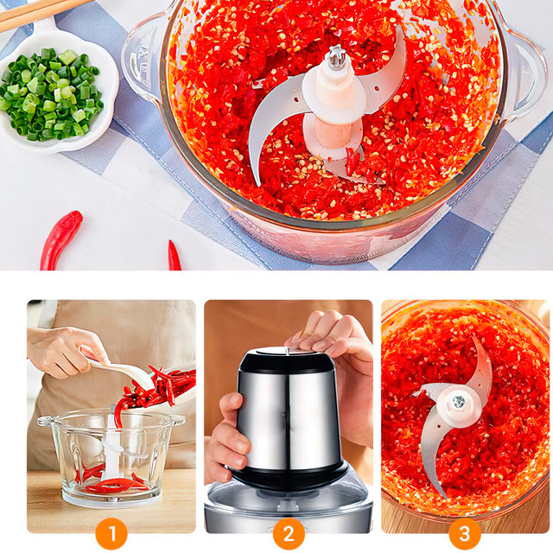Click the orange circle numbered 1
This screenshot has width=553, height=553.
pyautogui.click(x=111, y=534)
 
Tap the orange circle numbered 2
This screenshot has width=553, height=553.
pyautogui.click(x=289, y=534)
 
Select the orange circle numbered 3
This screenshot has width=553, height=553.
pyautogui.click(x=465, y=534)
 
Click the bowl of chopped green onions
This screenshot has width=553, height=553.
pyautogui.click(x=53, y=93)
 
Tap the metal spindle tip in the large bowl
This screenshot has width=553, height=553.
pyautogui.click(x=336, y=58)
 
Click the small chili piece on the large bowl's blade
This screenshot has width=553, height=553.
pyautogui.click(x=351, y=162)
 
